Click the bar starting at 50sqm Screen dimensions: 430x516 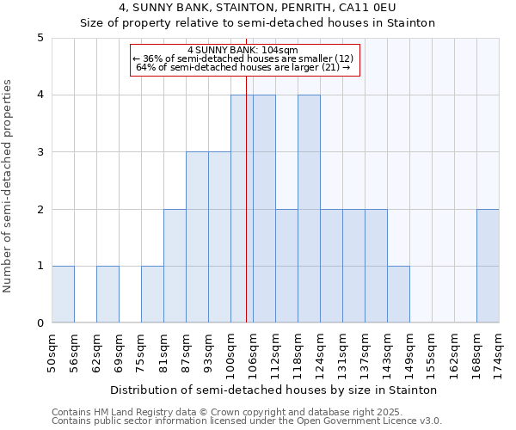[x=63, y=294]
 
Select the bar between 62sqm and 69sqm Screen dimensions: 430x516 [x=107, y=294]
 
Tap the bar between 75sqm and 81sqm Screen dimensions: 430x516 [x=152, y=294]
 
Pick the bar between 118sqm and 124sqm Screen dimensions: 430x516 [x=309, y=209]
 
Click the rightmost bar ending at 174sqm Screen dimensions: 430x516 [x=488, y=266]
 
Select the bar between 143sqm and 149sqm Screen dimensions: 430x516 [x=398, y=294]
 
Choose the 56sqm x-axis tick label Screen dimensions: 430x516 [x=74, y=350]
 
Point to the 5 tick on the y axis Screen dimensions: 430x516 [x=40, y=38]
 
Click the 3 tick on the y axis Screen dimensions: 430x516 [x=40, y=152]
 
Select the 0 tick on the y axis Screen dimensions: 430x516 [x=40, y=323]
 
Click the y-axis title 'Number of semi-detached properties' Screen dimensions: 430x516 [x=9, y=186]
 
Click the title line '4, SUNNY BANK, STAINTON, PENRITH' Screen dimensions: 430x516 [x=258, y=9]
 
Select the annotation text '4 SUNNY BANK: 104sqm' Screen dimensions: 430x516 [x=243, y=50]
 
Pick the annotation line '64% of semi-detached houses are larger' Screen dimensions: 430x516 [x=243, y=67]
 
